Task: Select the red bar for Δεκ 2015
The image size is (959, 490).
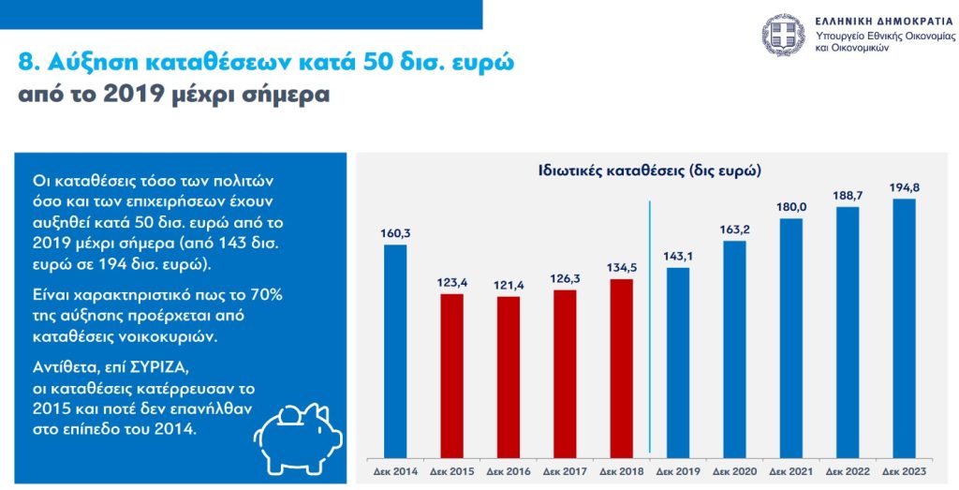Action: pos(452,375)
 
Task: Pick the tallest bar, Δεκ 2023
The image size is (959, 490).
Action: pos(904,327)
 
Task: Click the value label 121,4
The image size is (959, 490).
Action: pos(509,285)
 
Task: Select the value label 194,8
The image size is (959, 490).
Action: pos(904,187)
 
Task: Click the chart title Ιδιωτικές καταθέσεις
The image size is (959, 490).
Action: pos(650,171)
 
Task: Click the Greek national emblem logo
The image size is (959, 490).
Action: pos(783,35)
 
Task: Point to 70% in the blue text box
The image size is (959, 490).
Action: pos(262,294)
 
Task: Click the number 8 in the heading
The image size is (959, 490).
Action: pos(25,64)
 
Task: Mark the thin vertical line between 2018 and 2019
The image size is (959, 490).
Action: pos(650,328)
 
